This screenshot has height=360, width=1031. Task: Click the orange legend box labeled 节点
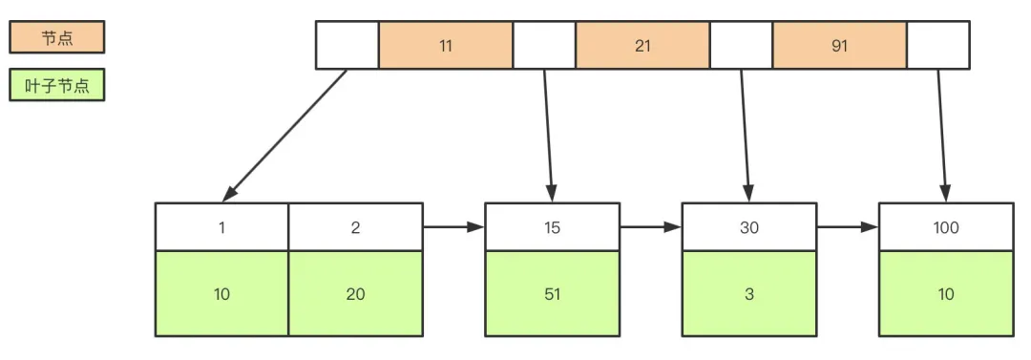click(x=56, y=37)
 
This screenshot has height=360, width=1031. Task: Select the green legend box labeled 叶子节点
click(x=56, y=86)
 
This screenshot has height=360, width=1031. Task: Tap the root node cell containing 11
click(x=446, y=46)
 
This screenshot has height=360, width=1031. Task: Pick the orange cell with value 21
click(x=642, y=46)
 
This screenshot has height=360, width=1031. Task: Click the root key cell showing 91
click(x=839, y=46)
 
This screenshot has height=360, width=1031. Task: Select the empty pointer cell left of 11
click(x=347, y=46)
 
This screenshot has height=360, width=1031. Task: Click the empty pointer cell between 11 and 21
click(x=544, y=46)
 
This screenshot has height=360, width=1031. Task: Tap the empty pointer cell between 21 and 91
click(x=741, y=46)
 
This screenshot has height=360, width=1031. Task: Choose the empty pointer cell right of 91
click(x=937, y=46)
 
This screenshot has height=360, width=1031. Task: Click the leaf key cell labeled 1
click(x=221, y=227)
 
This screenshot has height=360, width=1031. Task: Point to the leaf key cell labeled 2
click(x=355, y=227)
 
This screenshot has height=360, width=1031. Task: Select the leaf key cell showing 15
click(x=552, y=227)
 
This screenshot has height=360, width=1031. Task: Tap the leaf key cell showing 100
click(x=946, y=227)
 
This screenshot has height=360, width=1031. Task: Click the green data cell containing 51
click(x=552, y=294)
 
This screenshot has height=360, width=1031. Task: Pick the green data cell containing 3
click(x=749, y=294)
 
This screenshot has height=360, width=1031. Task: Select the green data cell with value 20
click(x=355, y=294)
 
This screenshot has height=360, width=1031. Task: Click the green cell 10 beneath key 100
click(x=946, y=294)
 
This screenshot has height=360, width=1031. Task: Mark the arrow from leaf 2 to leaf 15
click(x=453, y=227)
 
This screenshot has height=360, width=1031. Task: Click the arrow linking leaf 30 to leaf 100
click(x=848, y=227)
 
